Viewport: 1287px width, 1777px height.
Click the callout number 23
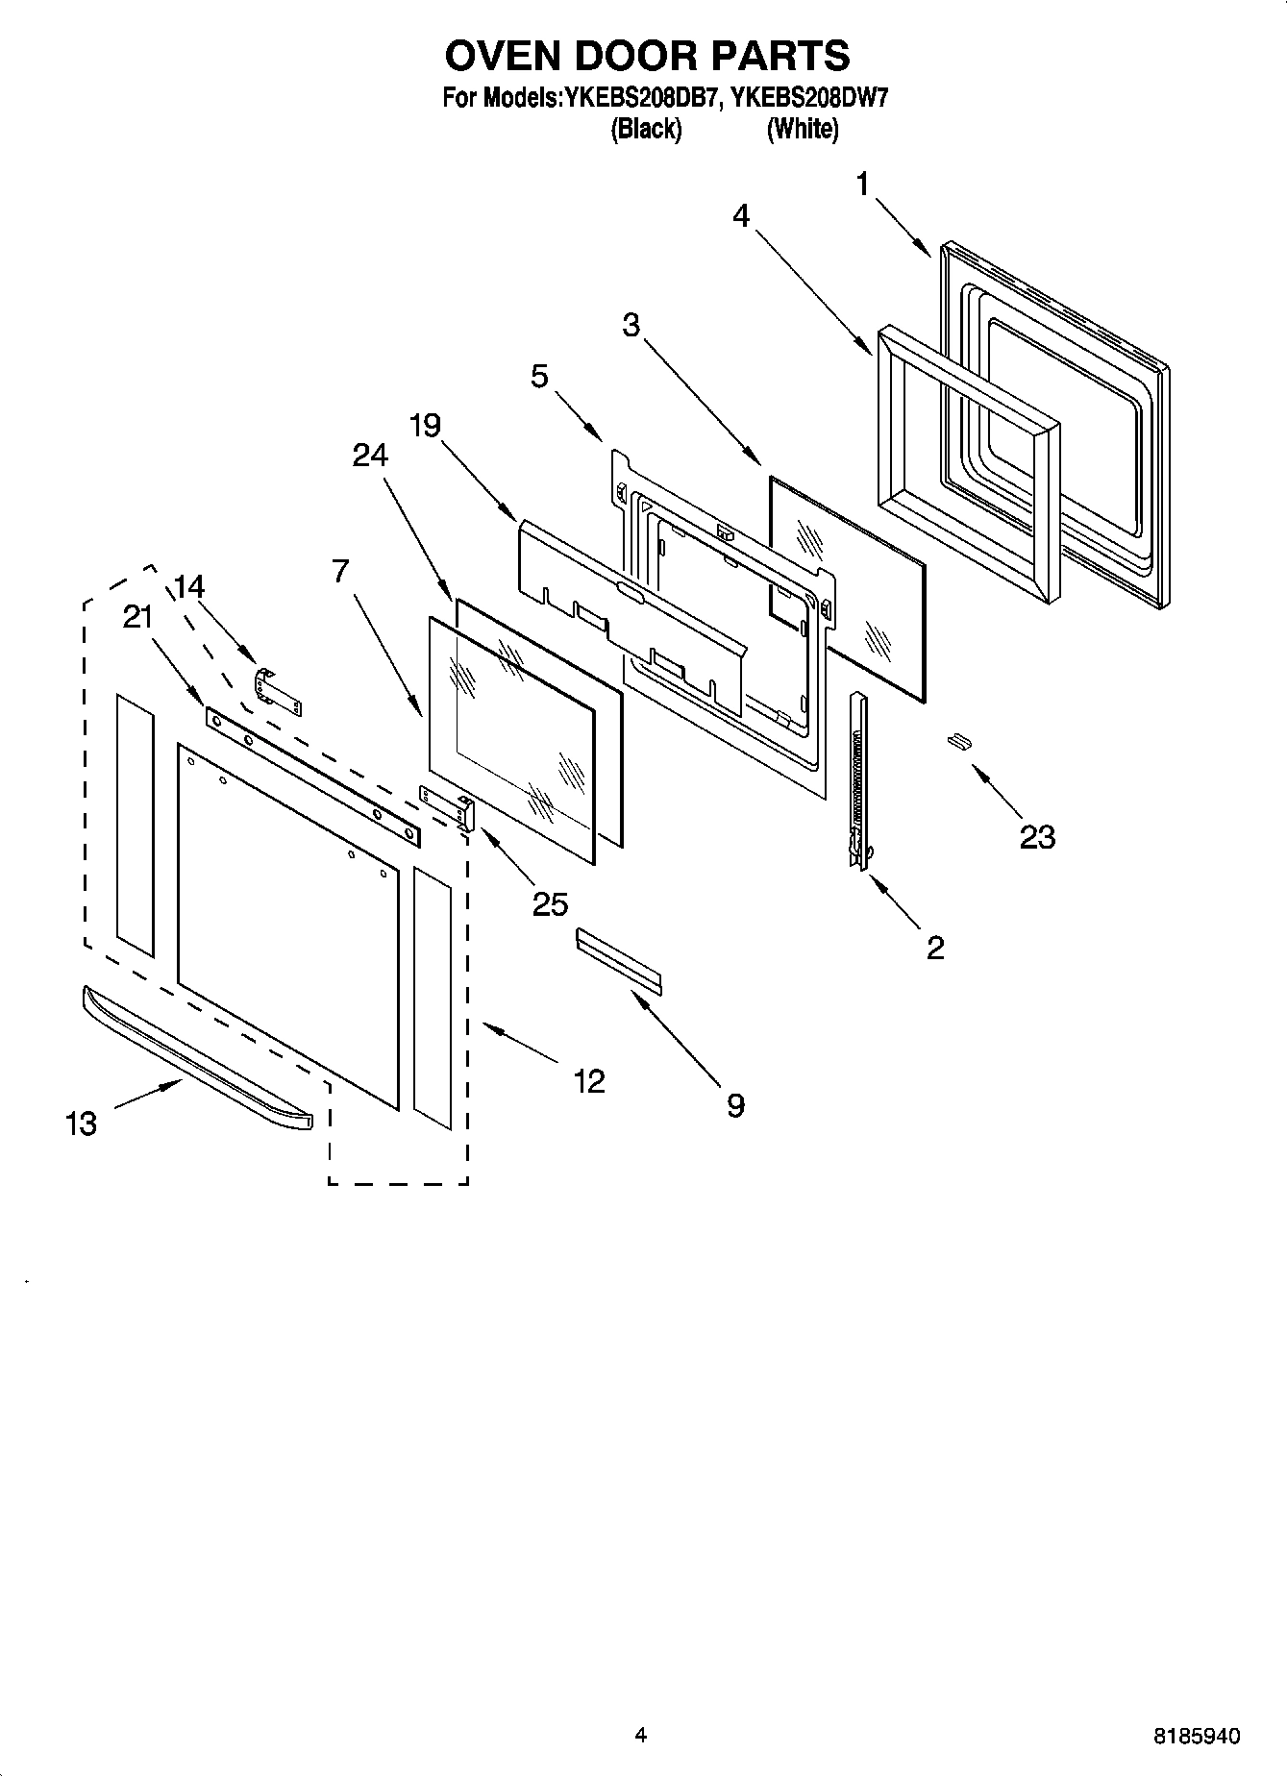1037,837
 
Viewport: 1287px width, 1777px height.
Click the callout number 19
425,425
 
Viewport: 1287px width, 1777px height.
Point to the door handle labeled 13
197,1058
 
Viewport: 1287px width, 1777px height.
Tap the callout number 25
550,904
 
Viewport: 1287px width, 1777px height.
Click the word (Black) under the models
646,129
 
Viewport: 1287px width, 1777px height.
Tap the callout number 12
589,1081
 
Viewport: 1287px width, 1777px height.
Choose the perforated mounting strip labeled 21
312,777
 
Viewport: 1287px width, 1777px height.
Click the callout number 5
539,376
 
